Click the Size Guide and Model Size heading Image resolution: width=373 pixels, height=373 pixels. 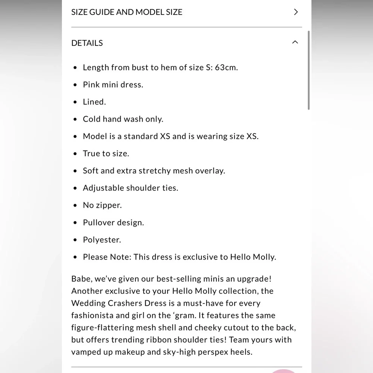click(x=127, y=12)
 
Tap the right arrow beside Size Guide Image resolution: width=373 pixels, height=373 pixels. click(x=296, y=12)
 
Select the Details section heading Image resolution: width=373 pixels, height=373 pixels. click(x=87, y=43)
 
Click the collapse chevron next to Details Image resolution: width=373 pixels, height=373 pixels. click(x=295, y=43)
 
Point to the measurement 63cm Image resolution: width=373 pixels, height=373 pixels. click(x=226, y=68)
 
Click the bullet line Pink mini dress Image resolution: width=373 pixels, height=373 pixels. click(x=113, y=85)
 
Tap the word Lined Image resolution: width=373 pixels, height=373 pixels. click(x=94, y=102)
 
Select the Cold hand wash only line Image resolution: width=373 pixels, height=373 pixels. click(x=123, y=119)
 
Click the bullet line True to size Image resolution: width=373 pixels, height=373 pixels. click(x=106, y=153)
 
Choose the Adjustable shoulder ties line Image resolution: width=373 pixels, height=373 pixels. click(x=131, y=188)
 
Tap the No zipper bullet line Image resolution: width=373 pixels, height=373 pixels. click(x=102, y=205)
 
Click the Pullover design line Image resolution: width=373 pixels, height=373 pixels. click(x=113, y=223)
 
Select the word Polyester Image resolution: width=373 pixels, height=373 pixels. click(x=102, y=240)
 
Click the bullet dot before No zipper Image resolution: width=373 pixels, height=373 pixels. click(x=75, y=206)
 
